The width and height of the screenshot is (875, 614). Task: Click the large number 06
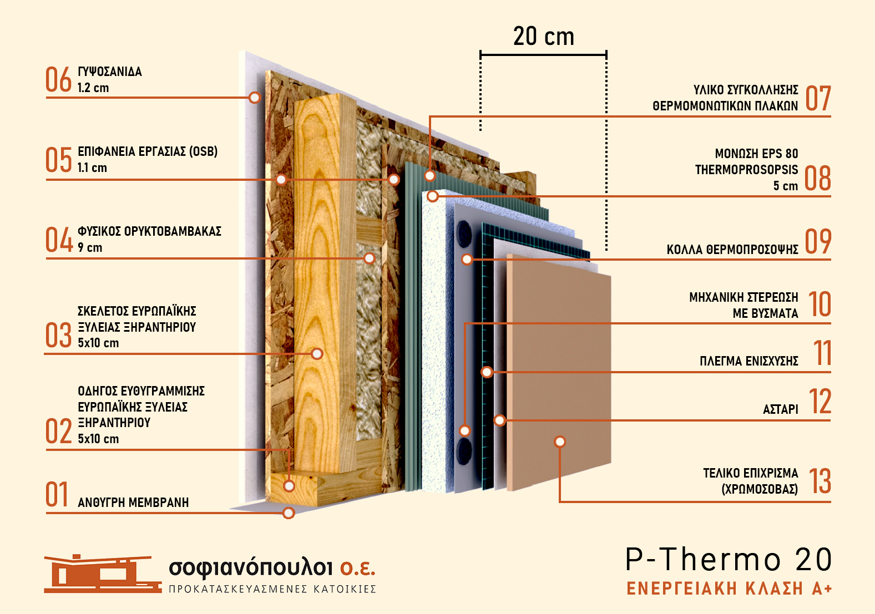[x=59, y=79]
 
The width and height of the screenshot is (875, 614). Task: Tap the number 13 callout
[x=820, y=481]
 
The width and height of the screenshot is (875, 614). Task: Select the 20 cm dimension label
[x=543, y=36]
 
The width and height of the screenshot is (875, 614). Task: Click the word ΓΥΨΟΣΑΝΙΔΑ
[x=110, y=72]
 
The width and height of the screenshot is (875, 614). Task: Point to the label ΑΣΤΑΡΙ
[x=781, y=409]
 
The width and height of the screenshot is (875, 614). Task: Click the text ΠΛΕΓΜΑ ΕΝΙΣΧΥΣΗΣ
[x=749, y=361]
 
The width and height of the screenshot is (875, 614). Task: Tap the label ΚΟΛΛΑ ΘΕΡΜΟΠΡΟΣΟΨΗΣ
[x=732, y=250]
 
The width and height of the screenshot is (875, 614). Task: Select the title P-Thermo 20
[x=729, y=560]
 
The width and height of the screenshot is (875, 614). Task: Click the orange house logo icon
[x=102, y=574]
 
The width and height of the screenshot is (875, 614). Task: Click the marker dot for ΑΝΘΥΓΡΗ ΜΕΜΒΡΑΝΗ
[x=289, y=513]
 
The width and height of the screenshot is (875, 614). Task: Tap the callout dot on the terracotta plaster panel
[x=560, y=442]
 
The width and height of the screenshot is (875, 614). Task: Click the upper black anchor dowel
[x=464, y=234]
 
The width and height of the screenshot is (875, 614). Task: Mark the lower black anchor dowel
[x=464, y=451]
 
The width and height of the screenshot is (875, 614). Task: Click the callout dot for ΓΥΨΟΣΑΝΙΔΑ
[x=254, y=97]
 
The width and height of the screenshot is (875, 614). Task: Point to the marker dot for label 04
[x=369, y=258]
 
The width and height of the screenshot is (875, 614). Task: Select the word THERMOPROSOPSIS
[x=746, y=170]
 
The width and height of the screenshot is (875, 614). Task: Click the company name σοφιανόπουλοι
[x=250, y=567]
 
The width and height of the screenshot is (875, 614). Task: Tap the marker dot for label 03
[x=317, y=354]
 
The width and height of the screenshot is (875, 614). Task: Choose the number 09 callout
[x=818, y=241]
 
